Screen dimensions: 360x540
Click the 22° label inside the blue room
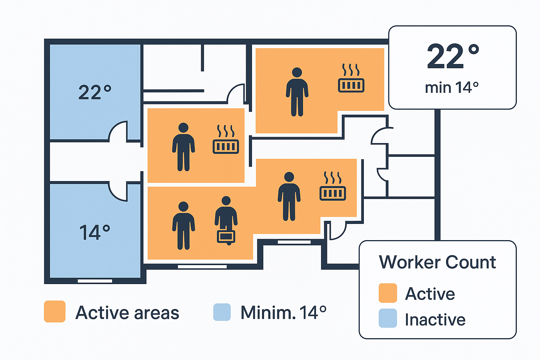click(95, 92)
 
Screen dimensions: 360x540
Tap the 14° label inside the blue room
click(95, 232)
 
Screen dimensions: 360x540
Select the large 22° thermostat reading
click(453, 56)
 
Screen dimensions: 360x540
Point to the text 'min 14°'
click(452, 87)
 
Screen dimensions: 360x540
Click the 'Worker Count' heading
click(437, 262)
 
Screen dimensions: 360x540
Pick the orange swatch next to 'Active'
click(388, 293)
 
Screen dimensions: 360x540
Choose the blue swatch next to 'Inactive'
click(388, 318)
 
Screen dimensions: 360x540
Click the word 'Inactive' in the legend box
click(435, 320)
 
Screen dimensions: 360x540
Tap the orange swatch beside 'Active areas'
click(55, 311)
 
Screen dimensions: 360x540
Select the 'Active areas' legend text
click(127, 313)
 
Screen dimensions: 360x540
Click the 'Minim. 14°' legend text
click(283, 312)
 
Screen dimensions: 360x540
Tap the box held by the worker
click(226, 236)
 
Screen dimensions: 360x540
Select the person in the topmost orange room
click(297, 92)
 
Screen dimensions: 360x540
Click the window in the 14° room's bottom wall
click(95, 281)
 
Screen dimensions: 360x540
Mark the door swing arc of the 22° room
click(118, 131)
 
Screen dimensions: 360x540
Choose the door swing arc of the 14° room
click(118, 192)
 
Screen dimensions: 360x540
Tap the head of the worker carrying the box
click(226, 201)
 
